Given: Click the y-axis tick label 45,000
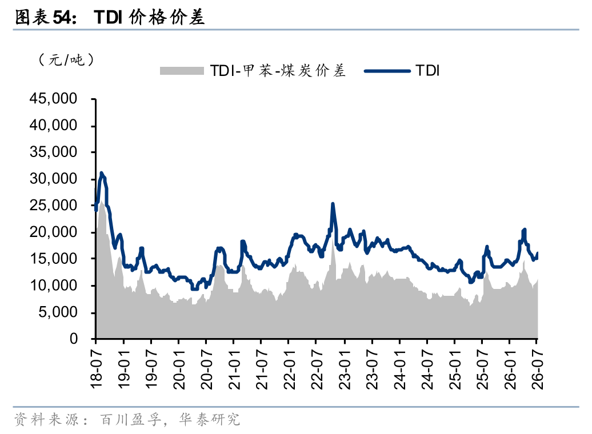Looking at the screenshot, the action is (53, 98).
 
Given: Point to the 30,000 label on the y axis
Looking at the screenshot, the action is (53, 179).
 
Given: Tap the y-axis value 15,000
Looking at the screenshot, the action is (53, 259).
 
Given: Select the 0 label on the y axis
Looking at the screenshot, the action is (73, 339).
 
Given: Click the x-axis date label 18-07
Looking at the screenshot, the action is (97, 369).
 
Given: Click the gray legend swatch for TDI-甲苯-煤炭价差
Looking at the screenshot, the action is (182, 71).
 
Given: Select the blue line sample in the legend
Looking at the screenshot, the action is (387, 71).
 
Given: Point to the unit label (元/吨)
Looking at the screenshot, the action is (66, 59).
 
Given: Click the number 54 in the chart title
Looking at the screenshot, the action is (61, 17).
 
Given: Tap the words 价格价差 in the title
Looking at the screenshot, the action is (166, 17).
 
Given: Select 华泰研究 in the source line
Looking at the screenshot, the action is (209, 419).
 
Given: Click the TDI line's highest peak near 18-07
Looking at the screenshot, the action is (101, 173).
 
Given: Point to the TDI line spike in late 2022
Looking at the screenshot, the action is (333, 204).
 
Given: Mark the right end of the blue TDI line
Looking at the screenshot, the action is (537, 253).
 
